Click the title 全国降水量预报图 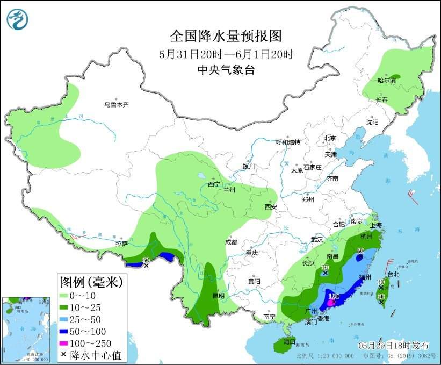point(226,36)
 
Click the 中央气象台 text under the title point(226,69)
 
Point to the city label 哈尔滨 point(386,81)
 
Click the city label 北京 point(330,138)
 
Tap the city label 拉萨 point(121,244)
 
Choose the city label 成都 point(232,242)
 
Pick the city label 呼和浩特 point(288,142)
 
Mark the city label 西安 point(270,206)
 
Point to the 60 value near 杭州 point(360,251)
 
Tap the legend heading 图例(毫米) point(91,281)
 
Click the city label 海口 point(290,342)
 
